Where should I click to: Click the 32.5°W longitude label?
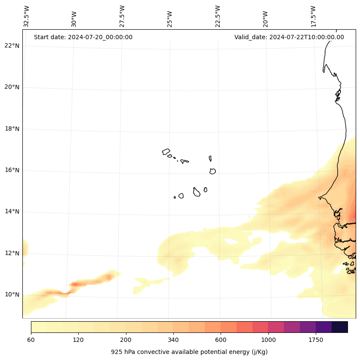tap(27, 17)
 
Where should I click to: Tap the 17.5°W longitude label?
tap(313, 17)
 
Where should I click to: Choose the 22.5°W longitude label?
tap(218, 17)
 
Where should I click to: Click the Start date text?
tap(83, 37)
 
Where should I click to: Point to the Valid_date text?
tap(289, 37)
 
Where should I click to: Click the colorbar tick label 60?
tap(31, 340)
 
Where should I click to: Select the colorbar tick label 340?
tap(173, 340)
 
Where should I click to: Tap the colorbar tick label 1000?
tap(268, 340)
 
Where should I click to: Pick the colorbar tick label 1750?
tap(316, 340)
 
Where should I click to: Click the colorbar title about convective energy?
tap(189, 352)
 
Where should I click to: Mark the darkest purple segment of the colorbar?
tap(340, 327)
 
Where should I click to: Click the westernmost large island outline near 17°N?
tap(166, 152)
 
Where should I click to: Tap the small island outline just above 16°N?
tap(212, 171)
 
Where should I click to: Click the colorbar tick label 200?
tap(126, 340)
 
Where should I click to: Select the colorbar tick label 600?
tap(221, 340)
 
